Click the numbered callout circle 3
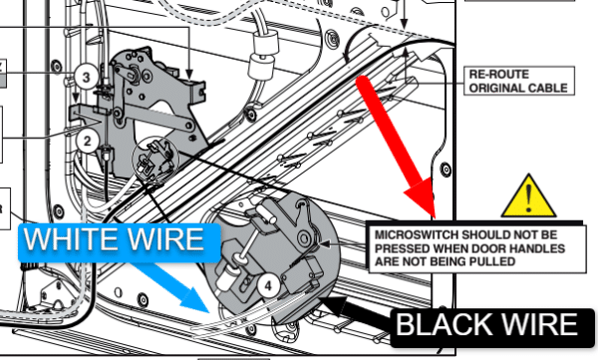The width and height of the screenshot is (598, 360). (x=86, y=77)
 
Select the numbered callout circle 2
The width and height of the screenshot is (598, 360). (x=88, y=142)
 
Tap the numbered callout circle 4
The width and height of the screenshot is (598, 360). (x=268, y=286)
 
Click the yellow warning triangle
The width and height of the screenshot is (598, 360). (x=528, y=196)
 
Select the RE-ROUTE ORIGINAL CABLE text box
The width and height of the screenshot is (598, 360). (x=519, y=81)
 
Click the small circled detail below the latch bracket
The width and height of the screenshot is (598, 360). (x=155, y=158)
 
